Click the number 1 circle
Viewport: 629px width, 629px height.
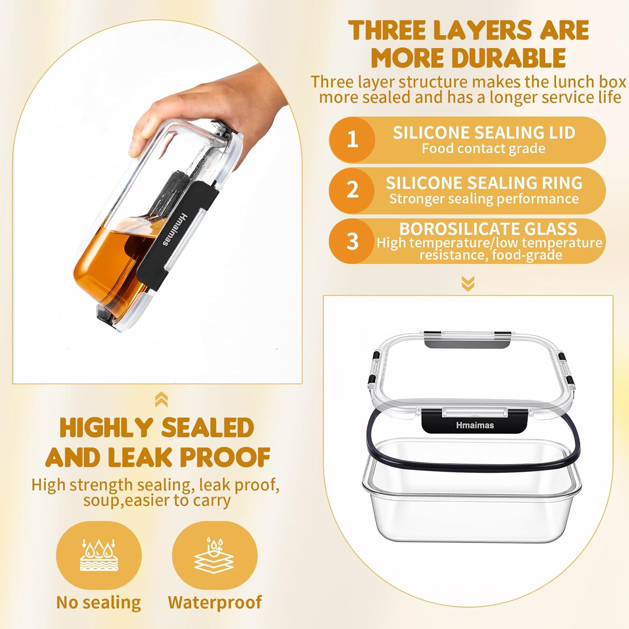pos(352,140)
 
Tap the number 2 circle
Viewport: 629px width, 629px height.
pos(352,190)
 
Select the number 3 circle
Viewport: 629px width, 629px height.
pos(352,241)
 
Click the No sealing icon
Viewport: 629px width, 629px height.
pos(99,555)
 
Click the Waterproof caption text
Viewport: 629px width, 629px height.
pos(215,603)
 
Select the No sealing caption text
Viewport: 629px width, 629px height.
pos(99,603)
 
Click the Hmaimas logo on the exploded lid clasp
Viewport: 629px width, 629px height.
pos(475,425)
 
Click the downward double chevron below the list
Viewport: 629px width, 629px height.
pos(468,283)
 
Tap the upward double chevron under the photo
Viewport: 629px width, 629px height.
pos(161,400)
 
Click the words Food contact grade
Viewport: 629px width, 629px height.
pos(483,148)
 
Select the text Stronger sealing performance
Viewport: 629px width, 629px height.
pos(484,199)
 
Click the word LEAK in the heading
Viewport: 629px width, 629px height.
pos(140,457)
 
